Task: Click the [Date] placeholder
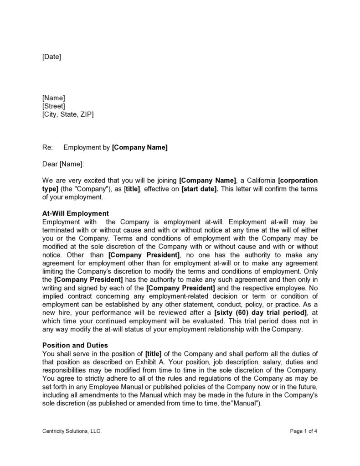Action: (x=51, y=57)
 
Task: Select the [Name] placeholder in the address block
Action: (x=53, y=98)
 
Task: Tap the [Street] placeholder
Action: (x=54, y=106)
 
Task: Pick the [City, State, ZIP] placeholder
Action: (x=68, y=114)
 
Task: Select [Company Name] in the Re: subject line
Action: (x=140, y=147)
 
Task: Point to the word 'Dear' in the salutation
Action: (x=50, y=164)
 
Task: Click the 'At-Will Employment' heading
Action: (x=75, y=213)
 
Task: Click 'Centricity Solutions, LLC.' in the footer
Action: (x=69, y=431)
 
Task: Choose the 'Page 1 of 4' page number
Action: (x=303, y=431)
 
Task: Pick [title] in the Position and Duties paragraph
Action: (x=153, y=354)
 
